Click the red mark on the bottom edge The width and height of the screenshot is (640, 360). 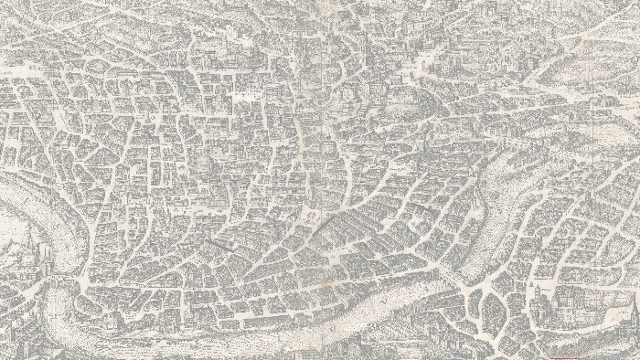[x=577, y=357]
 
